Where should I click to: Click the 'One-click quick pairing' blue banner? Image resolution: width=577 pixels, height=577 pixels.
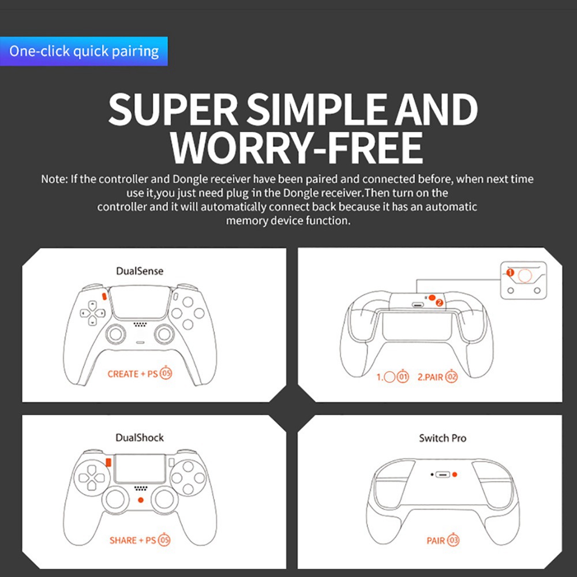(84, 51)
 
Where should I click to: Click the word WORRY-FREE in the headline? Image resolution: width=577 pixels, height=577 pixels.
(296, 147)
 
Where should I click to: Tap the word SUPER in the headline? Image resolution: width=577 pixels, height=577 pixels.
(173, 109)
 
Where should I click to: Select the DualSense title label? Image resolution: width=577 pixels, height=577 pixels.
(140, 271)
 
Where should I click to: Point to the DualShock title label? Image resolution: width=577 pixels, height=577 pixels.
(140, 437)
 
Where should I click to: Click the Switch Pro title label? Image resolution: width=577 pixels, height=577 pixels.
(443, 439)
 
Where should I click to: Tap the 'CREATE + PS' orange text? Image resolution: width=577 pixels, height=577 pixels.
(133, 374)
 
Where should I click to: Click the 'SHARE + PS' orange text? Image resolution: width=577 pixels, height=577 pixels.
(133, 540)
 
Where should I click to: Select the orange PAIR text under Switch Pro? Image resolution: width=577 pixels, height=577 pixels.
(436, 541)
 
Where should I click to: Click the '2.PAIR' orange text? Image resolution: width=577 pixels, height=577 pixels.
(430, 377)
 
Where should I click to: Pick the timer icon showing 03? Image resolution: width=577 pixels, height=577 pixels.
(454, 540)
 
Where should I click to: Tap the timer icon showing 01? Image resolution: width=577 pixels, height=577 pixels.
(403, 376)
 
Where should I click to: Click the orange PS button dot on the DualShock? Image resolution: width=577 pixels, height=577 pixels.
(141, 500)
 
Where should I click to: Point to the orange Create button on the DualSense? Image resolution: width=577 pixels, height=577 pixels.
(104, 296)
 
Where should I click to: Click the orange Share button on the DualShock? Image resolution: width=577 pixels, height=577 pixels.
(108, 462)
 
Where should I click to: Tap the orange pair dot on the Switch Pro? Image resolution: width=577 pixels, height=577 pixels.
(455, 475)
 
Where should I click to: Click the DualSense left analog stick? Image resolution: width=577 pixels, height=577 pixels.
(115, 334)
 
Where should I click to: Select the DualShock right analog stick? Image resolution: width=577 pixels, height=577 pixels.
(164, 499)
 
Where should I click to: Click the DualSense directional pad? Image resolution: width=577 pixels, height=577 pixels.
(92, 313)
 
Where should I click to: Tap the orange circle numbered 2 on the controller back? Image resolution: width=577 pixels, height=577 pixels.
(439, 303)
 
